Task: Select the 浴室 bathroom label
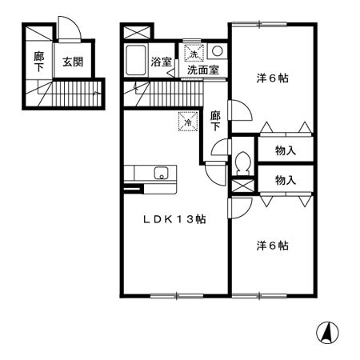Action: (x=162, y=60)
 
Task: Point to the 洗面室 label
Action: (x=202, y=70)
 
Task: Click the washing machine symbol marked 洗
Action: (x=193, y=54)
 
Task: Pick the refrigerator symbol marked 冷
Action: (x=186, y=122)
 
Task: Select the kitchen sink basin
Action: (x=161, y=172)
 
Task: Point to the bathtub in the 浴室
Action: (x=136, y=60)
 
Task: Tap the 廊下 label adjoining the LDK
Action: (x=215, y=122)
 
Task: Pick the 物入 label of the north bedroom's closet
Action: (x=286, y=150)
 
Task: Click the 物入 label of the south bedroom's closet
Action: (x=286, y=181)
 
